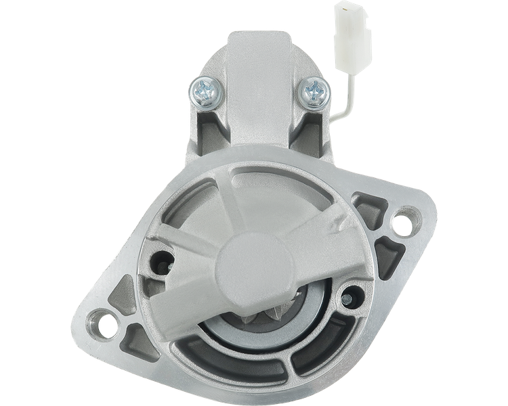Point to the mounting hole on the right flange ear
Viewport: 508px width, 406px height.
tap(406, 221)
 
